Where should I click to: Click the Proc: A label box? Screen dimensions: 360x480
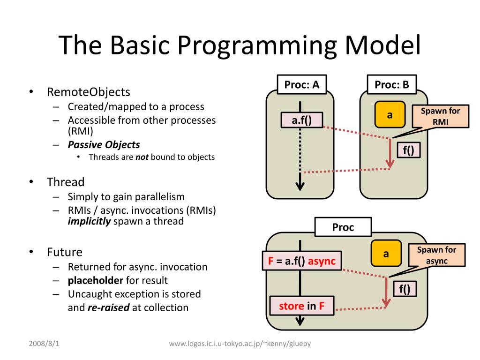(x=302, y=85)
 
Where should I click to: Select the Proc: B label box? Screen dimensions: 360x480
(x=391, y=85)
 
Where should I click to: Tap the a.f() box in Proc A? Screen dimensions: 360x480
(x=302, y=120)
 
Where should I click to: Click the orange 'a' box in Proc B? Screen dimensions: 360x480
(x=389, y=115)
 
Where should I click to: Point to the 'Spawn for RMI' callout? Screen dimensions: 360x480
(x=440, y=116)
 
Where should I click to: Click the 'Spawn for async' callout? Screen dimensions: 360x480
(x=436, y=255)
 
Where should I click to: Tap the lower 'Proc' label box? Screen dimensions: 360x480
(x=343, y=227)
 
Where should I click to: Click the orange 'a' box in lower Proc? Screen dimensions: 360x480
(x=386, y=254)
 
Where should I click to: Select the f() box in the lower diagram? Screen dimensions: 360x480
(x=405, y=289)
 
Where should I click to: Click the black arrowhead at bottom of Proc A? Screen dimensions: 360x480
(x=300, y=186)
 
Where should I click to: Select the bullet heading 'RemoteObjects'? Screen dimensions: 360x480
(x=88, y=91)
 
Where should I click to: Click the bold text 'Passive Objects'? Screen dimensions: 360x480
(x=104, y=145)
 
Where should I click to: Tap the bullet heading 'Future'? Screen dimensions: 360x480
(x=64, y=252)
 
